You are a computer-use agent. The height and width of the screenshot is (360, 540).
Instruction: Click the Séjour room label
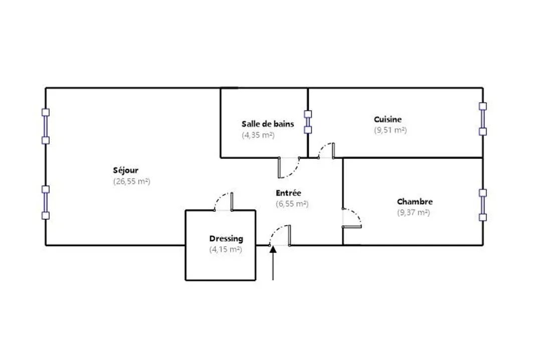[126, 170]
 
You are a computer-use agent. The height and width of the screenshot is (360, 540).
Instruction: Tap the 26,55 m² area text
[132, 182]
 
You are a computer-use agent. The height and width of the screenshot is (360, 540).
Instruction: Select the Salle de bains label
[268, 124]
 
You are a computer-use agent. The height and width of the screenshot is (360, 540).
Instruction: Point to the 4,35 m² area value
[258, 135]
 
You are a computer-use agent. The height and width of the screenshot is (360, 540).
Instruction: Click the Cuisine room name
[388, 119]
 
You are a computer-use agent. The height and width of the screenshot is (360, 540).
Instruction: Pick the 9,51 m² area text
[390, 130]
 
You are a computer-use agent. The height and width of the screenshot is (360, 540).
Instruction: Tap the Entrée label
[288, 193]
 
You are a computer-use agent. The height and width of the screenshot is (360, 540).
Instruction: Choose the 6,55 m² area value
[292, 204]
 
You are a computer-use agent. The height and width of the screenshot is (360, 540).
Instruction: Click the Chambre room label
[415, 202]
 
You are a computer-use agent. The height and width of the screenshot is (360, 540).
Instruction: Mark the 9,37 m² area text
[413, 212]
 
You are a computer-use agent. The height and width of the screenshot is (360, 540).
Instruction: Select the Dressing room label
[226, 239]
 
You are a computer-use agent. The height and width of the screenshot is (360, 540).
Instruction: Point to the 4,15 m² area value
[226, 249]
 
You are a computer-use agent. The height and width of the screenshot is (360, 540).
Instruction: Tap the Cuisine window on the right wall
[483, 119]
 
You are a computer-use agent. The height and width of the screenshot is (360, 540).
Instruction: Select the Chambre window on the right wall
[483, 205]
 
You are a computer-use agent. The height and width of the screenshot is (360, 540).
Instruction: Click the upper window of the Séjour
[46, 126]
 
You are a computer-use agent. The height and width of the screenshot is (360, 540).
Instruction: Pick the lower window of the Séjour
[46, 202]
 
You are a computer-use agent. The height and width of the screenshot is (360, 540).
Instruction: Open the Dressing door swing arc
[223, 200]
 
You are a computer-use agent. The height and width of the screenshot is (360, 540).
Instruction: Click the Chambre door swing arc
[353, 217]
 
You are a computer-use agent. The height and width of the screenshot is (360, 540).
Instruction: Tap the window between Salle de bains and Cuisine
[308, 121]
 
